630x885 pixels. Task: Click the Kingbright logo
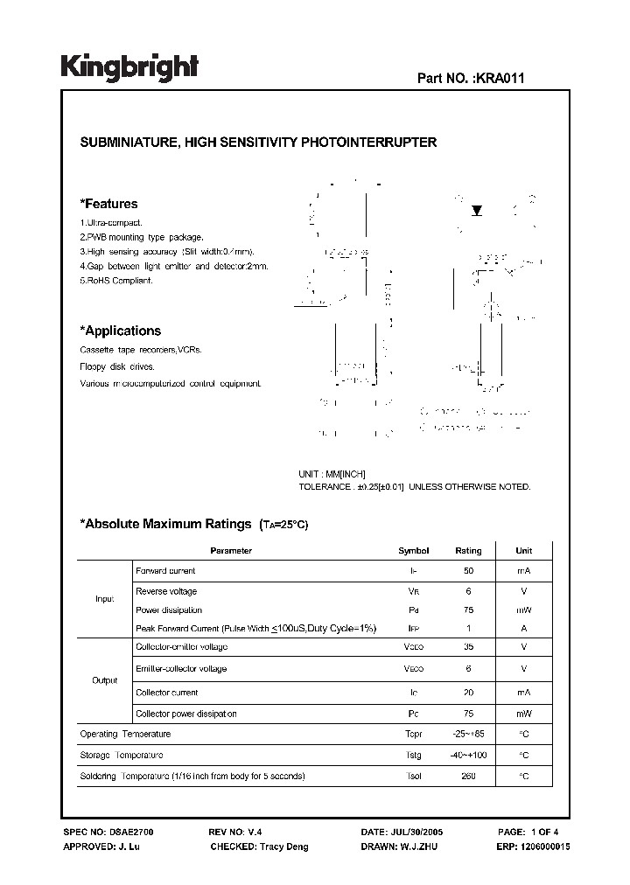point(129,67)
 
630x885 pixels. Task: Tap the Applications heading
point(120,331)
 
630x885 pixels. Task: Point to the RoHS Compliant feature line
point(116,281)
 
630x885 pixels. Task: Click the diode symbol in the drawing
point(477,211)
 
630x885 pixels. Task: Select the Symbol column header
point(414,551)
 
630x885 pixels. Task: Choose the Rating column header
point(468,551)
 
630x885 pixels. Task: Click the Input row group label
point(104,600)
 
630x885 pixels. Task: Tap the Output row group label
point(104,680)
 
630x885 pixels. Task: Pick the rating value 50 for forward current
point(468,571)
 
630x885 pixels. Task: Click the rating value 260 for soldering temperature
point(468,777)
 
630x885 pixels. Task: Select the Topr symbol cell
point(414,735)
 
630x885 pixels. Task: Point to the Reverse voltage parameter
point(166,591)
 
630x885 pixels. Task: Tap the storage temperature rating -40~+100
point(468,756)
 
